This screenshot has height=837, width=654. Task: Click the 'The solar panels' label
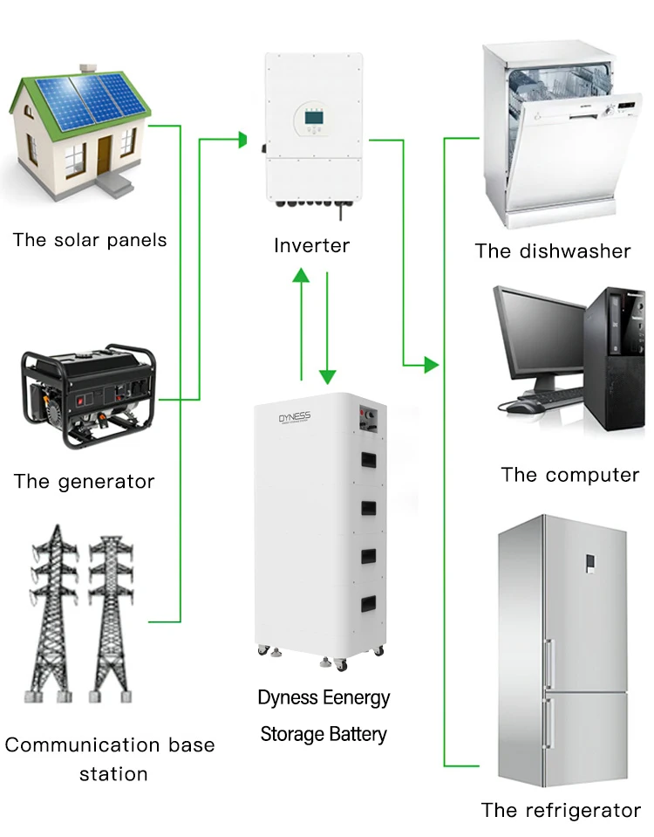click(x=89, y=240)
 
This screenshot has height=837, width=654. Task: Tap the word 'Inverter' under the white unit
click(x=311, y=246)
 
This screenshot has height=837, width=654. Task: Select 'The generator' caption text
click(x=84, y=481)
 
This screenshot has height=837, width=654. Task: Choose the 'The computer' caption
click(x=569, y=475)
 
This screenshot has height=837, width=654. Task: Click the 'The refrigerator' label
click(x=561, y=810)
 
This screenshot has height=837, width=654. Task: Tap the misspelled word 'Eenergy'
click(x=356, y=698)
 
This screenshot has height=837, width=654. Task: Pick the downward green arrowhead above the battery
click(x=328, y=376)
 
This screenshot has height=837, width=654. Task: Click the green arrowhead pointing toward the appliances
click(x=430, y=364)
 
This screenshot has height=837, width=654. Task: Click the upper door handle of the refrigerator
click(x=548, y=663)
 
